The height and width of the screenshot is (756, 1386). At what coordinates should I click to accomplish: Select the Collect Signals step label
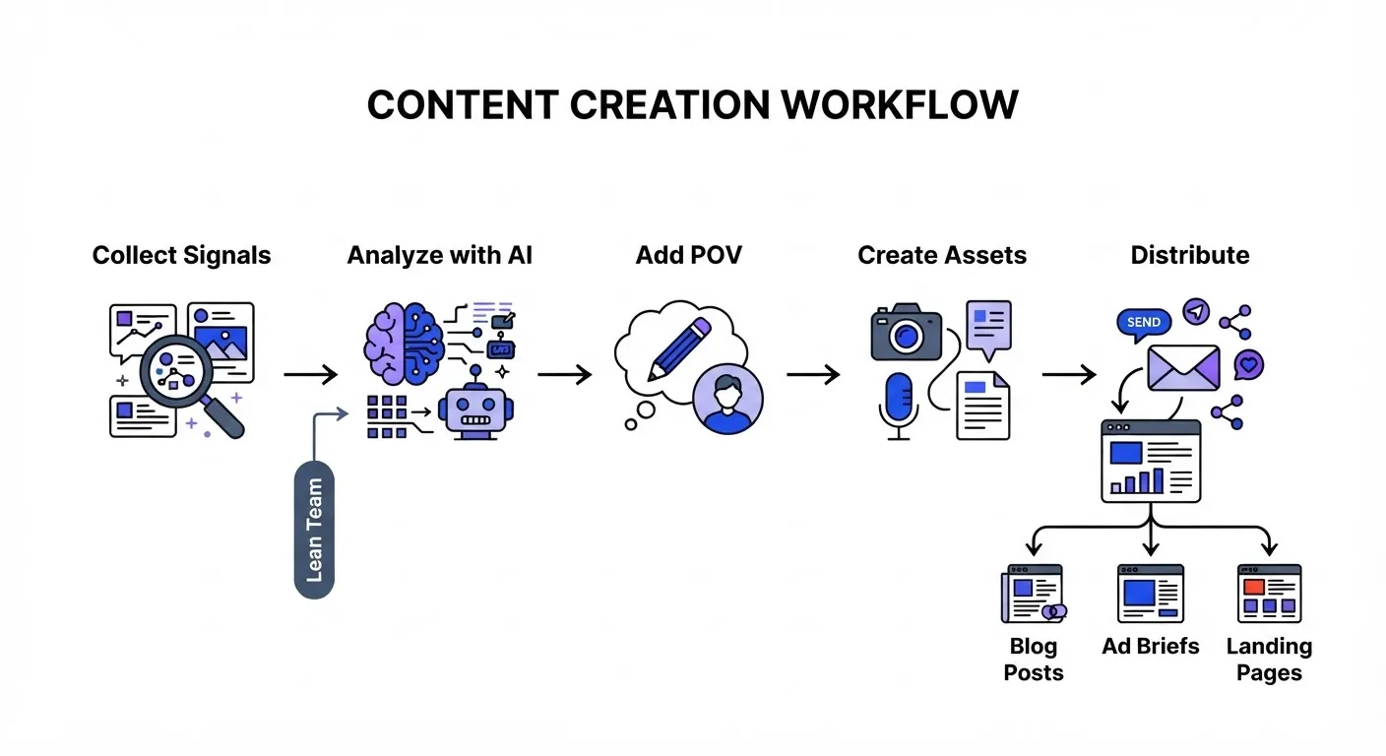[181, 255]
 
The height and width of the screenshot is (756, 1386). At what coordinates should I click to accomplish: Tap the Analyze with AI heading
[439, 255]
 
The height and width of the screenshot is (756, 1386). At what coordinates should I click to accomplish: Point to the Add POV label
[689, 255]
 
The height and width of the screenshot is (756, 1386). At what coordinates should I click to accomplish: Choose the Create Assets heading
[942, 255]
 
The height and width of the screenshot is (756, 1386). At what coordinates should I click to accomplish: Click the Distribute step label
[1190, 255]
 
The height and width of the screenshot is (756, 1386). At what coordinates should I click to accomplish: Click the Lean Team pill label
[314, 530]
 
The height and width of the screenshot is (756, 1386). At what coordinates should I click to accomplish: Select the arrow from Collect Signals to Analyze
[311, 374]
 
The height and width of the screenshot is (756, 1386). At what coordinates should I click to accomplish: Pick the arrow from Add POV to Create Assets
[813, 374]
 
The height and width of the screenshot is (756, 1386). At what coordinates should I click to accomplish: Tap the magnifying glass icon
[186, 381]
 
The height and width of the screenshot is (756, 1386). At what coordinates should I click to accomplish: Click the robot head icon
[475, 409]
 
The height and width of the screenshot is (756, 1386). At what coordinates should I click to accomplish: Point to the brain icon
[404, 344]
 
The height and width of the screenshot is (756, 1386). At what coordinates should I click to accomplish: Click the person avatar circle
[727, 399]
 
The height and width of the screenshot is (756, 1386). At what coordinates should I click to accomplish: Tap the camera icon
[906, 332]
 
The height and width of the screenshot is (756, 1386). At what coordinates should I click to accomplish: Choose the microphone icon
[899, 406]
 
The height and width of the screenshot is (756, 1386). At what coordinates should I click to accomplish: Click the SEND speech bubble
[1144, 324]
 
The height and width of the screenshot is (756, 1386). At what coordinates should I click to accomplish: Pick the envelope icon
[1183, 367]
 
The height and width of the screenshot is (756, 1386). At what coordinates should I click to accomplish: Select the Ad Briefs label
[1151, 646]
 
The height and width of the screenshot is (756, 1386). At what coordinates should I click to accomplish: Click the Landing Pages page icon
[1269, 594]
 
